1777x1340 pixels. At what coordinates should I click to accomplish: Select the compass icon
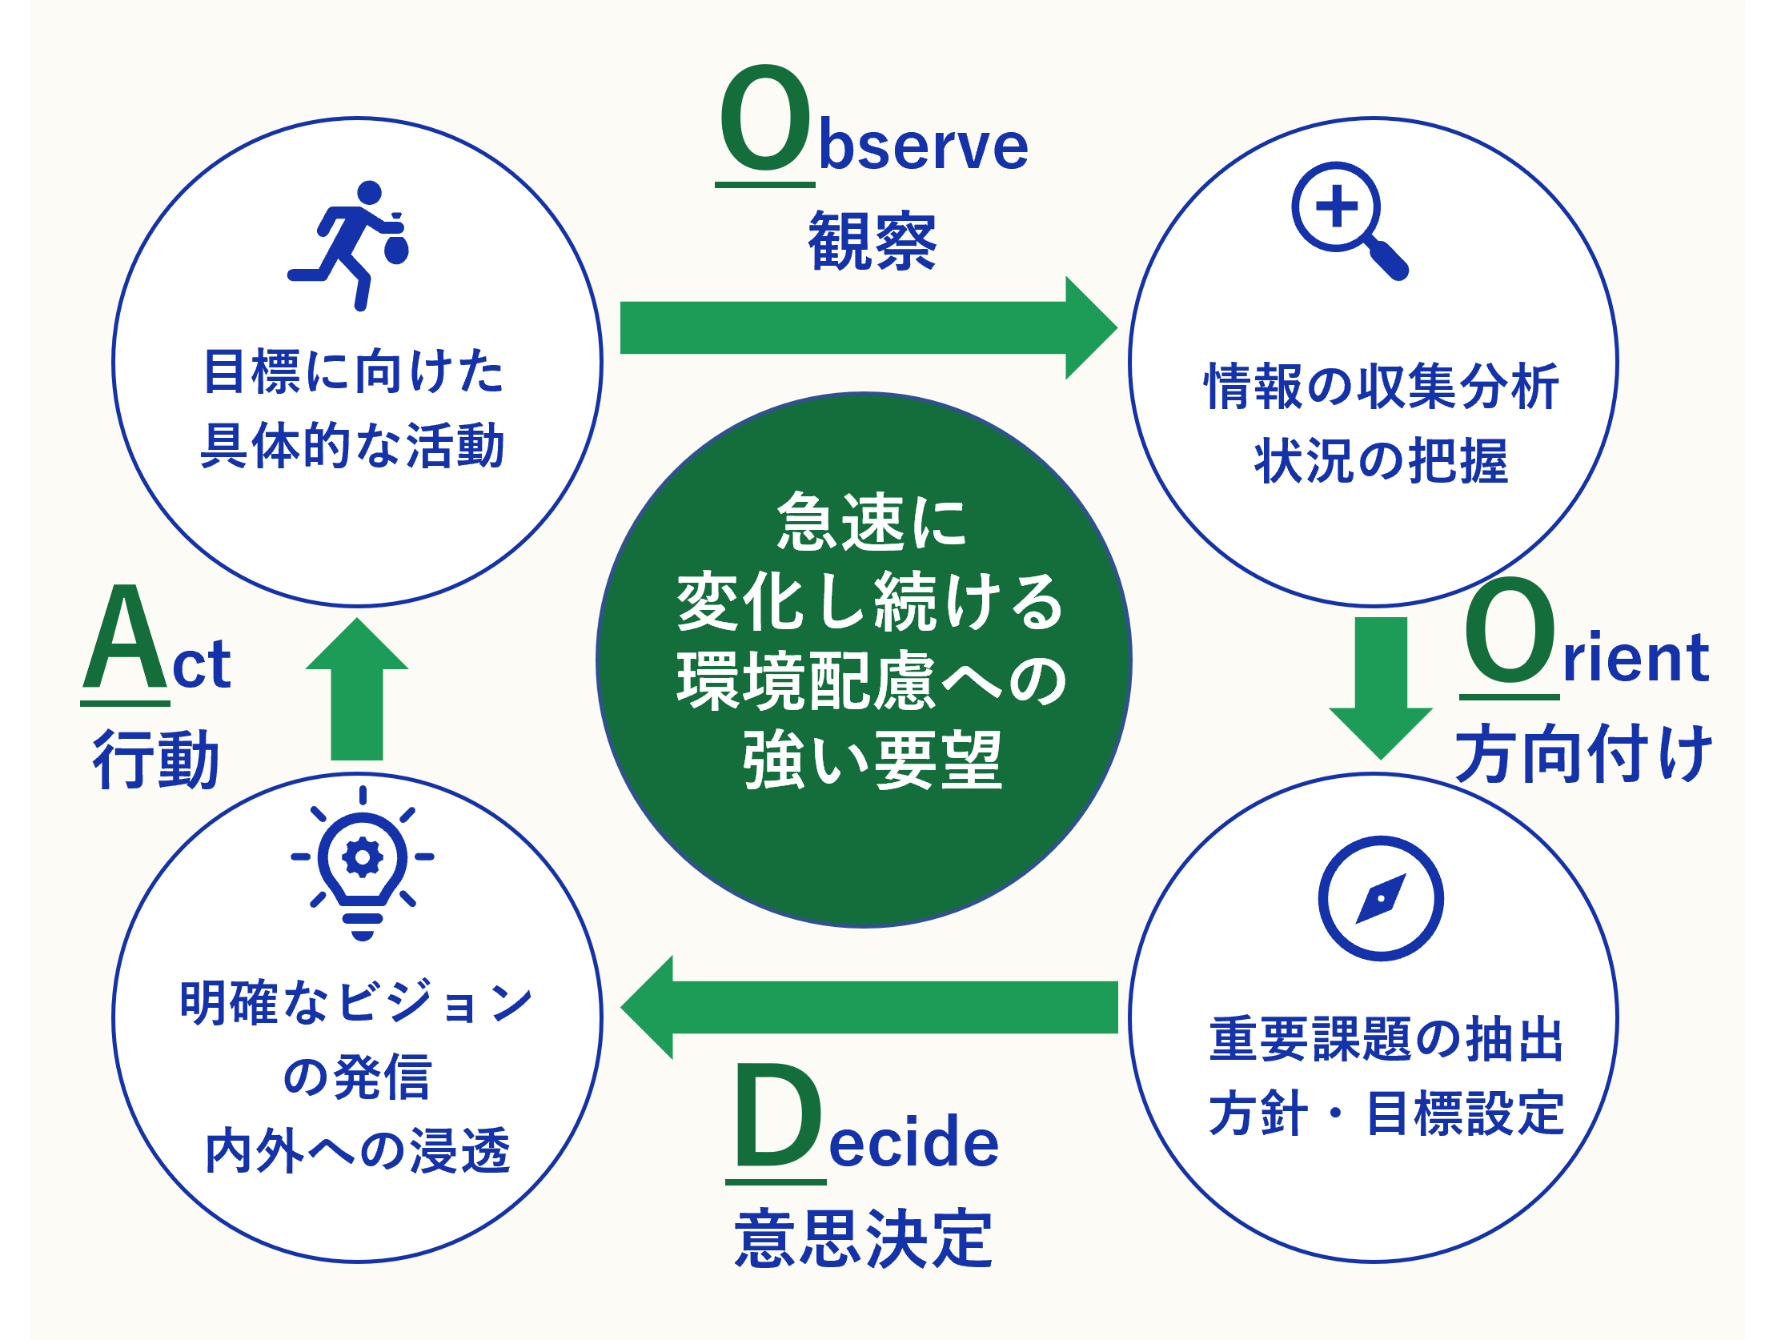click(1380, 898)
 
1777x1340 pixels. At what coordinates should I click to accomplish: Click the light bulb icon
click(363, 863)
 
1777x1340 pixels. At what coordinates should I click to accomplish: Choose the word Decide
click(862, 1123)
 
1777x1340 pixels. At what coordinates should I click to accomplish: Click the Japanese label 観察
click(872, 240)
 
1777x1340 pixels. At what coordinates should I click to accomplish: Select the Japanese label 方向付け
click(1583, 752)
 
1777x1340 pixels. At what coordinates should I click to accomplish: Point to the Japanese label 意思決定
click(864, 1240)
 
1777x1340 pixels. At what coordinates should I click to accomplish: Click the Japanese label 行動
click(156, 758)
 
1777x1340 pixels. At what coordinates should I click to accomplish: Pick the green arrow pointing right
click(868, 327)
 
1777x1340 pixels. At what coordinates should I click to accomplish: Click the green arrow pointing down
click(1381, 688)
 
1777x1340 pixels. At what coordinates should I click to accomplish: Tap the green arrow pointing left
click(868, 1008)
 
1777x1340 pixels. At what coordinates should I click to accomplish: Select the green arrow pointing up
click(357, 688)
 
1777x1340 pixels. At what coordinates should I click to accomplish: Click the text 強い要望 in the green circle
click(872, 760)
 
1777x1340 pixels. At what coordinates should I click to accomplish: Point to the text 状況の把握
click(1381, 461)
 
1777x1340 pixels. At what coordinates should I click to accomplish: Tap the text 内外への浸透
click(358, 1149)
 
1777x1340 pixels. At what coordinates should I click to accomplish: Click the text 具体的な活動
click(353, 445)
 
